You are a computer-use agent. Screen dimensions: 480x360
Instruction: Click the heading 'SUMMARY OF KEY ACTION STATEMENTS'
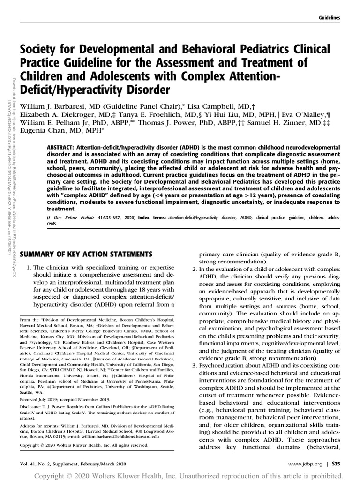point(86,254)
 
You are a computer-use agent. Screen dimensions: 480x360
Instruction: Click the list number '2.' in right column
point(195,270)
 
